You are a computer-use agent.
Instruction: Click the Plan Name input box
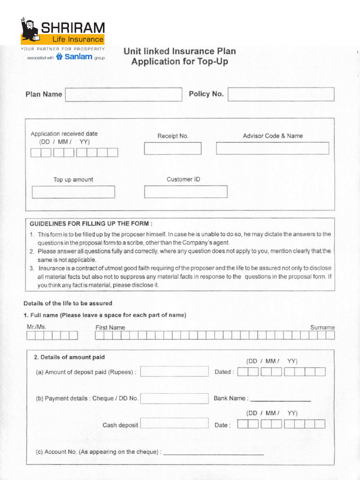123,94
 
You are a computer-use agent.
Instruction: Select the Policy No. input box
281,94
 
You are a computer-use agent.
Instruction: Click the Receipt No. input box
172,148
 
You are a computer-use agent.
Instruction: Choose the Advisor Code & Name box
272,148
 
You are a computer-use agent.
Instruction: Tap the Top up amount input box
73,192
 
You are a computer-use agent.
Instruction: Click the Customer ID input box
186,192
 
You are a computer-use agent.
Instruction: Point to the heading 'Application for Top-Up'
180,61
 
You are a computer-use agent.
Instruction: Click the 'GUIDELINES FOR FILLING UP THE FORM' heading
91,224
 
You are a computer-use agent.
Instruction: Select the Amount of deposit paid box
174,371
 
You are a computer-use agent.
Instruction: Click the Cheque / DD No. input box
174,398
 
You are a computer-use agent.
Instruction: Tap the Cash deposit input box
174,423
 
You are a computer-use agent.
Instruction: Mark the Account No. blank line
213,453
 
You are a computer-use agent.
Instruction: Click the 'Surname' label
322,327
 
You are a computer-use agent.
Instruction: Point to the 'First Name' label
110,328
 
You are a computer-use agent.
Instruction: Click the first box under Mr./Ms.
31,335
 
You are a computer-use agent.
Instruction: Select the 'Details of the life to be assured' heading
68,303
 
